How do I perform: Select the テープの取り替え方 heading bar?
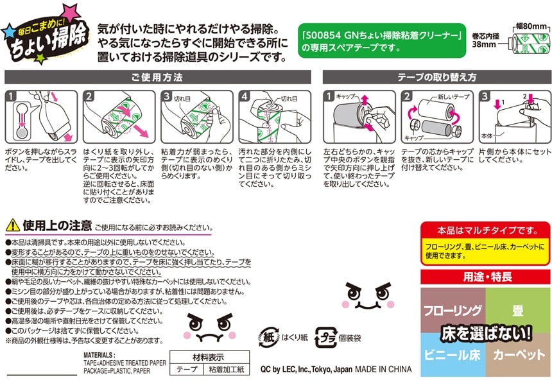tap(436, 77)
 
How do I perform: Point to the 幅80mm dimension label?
tap(533, 26)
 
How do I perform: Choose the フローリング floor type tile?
tap(453, 311)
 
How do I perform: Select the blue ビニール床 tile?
tap(453, 354)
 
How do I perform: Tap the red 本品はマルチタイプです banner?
tap(485, 230)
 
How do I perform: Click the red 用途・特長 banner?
tap(485, 277)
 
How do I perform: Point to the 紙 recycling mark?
tap(268, 336)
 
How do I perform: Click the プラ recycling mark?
tap(325, 338)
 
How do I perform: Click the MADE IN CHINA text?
tap(383, 368)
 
